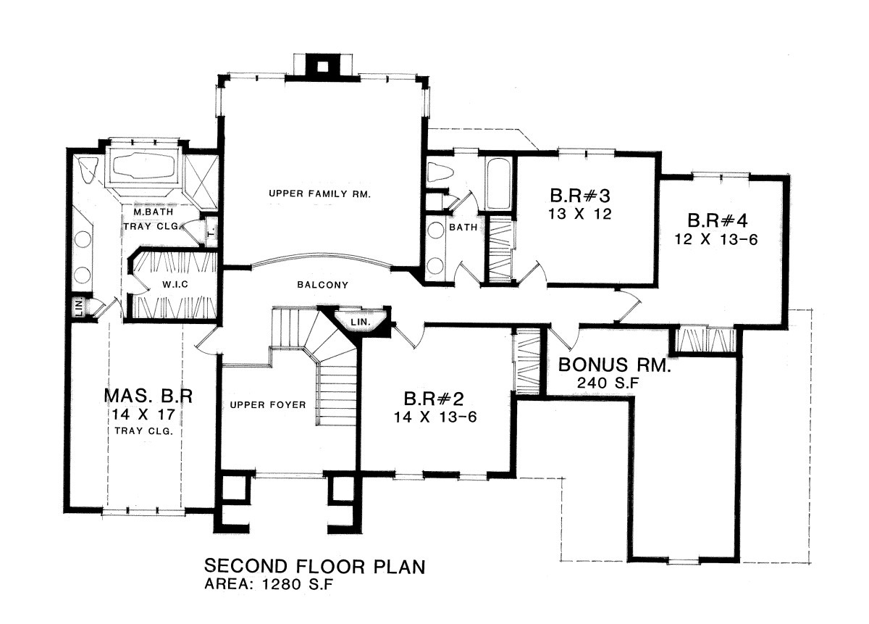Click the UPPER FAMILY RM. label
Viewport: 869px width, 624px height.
319,194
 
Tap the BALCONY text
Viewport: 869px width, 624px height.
323,285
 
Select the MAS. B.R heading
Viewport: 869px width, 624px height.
148,396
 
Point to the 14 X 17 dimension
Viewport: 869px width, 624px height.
143,415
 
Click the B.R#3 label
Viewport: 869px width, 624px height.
580,196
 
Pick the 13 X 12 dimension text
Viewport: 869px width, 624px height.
579,214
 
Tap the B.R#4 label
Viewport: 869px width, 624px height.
718,220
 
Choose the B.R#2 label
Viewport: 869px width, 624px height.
434,399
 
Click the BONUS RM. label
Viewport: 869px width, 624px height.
614,365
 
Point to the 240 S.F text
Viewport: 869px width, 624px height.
608,383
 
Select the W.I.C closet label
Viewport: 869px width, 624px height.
175,285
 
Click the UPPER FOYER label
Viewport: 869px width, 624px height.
268,405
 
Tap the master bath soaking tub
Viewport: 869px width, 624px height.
143,167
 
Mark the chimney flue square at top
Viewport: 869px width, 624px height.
323,67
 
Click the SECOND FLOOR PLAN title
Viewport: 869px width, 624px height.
314,567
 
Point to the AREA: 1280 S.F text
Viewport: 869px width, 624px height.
269,584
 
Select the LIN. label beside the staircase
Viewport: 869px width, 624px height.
361,322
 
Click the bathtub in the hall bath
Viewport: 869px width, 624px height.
498,184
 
